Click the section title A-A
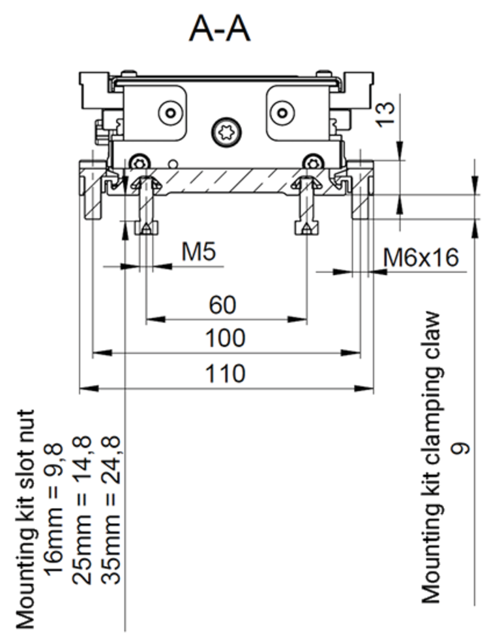[x=220, y=29]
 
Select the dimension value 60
[x=222, y=304]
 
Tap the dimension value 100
[x=225, y=339]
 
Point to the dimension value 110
[x=226, y=374]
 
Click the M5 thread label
[x=198, y=252]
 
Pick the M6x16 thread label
[x=421, y=258]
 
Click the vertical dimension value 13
[x=386, y=113]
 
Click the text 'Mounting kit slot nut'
[x=24, y=519]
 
